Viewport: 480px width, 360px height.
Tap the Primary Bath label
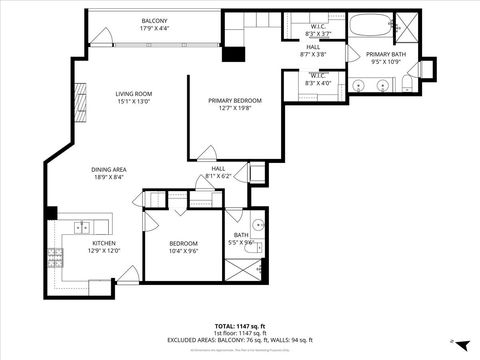[x=385, y=55]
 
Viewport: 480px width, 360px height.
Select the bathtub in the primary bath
[x=369, y=25]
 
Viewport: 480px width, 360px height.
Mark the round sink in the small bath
[x=257, y=224]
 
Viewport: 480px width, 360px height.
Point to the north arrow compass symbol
[x=452, y=341]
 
